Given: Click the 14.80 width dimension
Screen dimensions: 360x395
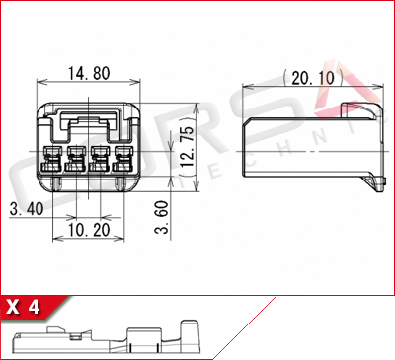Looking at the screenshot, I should pyautogui.click(x=88, y=72).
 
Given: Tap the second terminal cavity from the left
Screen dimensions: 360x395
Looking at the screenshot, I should pyautogui.click(x=77, y=158).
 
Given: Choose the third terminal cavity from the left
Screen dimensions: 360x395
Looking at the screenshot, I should pyautogui.click(x=100, y=158).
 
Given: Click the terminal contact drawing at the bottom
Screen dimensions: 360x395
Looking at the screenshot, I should pyautogui.click(x=109, y=339).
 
